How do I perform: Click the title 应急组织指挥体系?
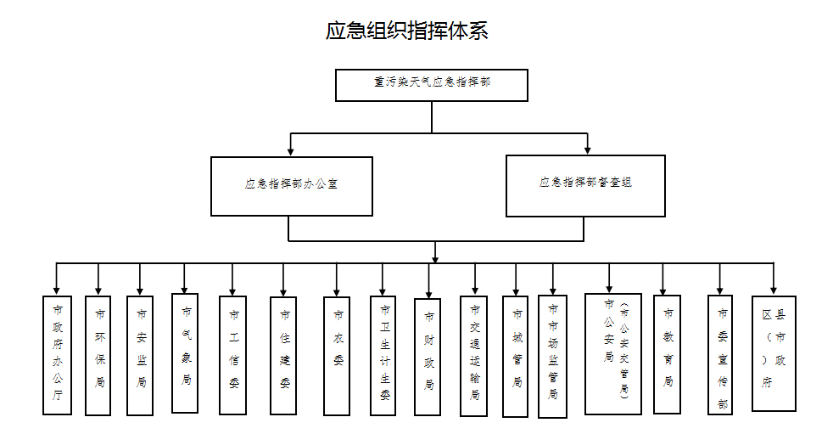click(407, 31)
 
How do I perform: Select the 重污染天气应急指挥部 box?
click(432, 85)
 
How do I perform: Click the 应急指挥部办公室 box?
click(292, 184)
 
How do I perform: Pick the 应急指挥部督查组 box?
click(585, 184)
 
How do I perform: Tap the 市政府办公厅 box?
click(57, 354)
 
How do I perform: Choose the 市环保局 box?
click(98, 355)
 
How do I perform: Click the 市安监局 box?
click(140, 355)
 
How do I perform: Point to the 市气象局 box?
click(185, 352)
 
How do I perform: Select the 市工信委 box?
click(233, 355)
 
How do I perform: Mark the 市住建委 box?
click(284, 355)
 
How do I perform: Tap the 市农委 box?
click(337, 355)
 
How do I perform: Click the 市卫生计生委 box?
click(383, 355)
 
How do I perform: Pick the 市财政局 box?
click(428, 356)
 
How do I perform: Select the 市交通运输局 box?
click(474, 355)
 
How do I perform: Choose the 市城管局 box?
click(516, 356)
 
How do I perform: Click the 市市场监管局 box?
click(552, 356)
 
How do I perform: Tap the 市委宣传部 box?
click(721, 354)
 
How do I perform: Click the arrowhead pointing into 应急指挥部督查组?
click(586, 149)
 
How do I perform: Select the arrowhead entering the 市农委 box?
click(337, 291)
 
